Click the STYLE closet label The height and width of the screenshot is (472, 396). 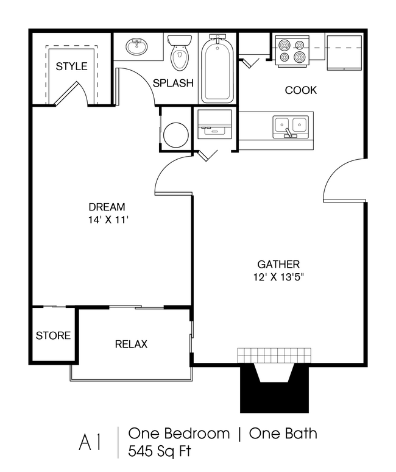(x=72, y=66)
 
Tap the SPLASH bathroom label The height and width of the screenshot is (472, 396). (x=173, y=83)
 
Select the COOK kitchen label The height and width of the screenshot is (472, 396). (x=301, y=90)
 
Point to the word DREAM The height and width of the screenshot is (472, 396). (x=107, y=207)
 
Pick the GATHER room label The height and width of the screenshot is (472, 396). (x=278, y=265)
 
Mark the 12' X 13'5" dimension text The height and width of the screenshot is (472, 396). (x=278, y=277)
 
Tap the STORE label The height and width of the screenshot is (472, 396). (x=53, y=335)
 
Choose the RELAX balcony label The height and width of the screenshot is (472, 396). (x=131, y=345)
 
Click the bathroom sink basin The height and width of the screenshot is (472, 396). (x=137, y=46)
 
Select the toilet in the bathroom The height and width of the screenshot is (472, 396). (x=180, y=55)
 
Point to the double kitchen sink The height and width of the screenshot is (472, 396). (x=291, y=126)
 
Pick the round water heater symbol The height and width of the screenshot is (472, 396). (x=176, y=134)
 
